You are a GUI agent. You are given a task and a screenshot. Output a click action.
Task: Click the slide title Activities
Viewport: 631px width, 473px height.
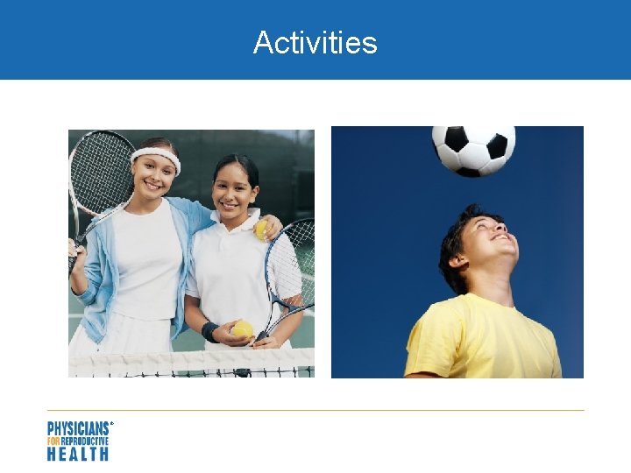pyautogui.click(x=315, y=42)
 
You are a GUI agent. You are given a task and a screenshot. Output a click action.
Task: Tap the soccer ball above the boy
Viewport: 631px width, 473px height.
pyautogui.click(x=473, y=150)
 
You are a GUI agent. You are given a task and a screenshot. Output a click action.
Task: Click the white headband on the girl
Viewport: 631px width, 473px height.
pyautogui.click(x=156, y=157)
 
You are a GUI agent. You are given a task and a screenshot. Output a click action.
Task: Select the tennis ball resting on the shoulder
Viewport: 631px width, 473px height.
pyautogui.click(x=260, y=229)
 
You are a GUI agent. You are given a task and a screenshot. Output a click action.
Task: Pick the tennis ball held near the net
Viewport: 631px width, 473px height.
pyautogui.click(x=243, y=329)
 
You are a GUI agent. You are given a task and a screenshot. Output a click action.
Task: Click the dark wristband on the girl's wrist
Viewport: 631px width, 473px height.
pyautogui.click(x=209, y=332)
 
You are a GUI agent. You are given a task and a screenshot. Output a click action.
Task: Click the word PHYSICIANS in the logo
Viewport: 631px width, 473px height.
pyautogui.click(x=78, y=428)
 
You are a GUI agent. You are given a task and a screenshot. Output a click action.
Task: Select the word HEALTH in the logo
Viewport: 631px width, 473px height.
pyautogui.click(x=78, y=454)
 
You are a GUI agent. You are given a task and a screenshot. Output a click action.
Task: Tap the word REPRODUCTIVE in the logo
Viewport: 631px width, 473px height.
pyautogui.click(x=85, y=441)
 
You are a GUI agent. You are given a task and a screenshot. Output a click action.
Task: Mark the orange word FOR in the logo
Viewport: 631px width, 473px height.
pyautogui.click(x=52, y=441)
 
